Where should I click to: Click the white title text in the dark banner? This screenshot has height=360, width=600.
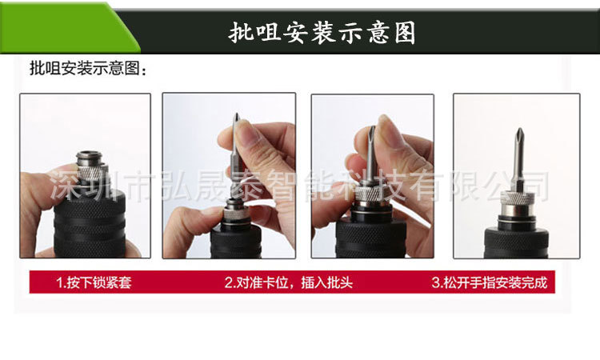[x=322, y=33]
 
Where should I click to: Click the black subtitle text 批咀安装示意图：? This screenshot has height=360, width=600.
[x=88, y=69]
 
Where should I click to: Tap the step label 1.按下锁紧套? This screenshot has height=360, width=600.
[x=94, y=282]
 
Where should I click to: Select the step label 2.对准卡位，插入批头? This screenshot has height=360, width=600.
[x=288, y=282]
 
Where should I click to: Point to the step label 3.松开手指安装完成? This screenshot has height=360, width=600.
[x=490, y=282]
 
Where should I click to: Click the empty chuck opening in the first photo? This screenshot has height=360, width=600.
[x=90, y=155]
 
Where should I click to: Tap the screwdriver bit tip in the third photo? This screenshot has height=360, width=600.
[x=371, y=130]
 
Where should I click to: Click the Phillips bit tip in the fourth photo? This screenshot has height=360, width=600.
[x=519, y=133]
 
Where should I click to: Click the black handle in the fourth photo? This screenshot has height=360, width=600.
[x=517, y=241]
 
